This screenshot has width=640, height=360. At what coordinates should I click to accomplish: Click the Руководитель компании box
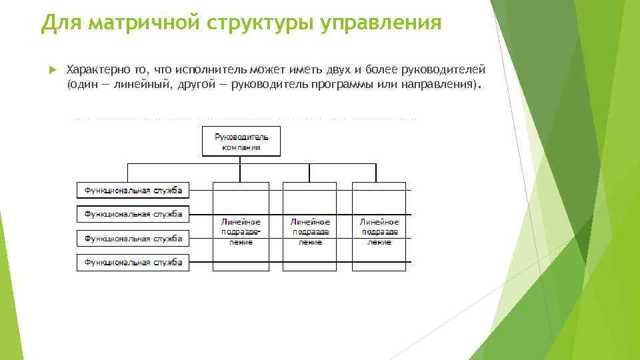241,141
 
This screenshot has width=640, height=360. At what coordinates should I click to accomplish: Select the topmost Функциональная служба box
133,190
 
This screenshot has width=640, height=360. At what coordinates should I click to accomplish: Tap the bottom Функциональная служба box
133,262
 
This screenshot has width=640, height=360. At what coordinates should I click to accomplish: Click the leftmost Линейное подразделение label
241,231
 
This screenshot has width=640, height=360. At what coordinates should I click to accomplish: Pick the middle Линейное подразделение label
311,231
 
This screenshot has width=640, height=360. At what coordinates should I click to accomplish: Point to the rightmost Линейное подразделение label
380,231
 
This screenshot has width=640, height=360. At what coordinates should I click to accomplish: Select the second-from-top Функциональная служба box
133,214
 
